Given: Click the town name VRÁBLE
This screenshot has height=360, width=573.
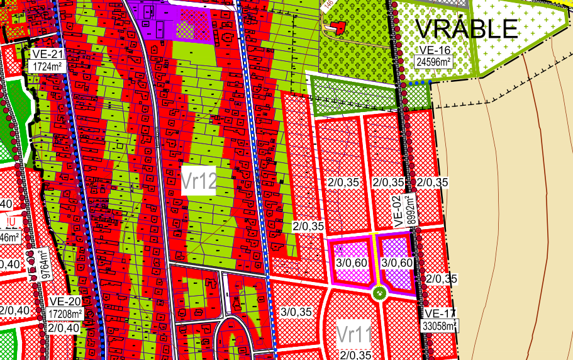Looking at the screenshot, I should (x=467, y=28).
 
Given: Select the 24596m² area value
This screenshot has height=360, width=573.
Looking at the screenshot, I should (x=433, y=62).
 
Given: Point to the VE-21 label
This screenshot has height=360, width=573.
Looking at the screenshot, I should (x=45, y=55).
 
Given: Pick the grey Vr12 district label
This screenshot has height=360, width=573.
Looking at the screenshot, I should (x=199, y=182).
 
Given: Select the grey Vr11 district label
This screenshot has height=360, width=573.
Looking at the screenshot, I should (x=354, y=334).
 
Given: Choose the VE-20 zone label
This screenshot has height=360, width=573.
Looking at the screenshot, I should (x=65, y=301).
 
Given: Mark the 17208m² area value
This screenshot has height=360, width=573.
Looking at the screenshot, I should (x=65, y=313).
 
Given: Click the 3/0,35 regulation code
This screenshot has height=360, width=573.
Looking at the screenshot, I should (x=296, y=312).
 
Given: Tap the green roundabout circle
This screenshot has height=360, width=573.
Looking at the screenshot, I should (x=378, y=292).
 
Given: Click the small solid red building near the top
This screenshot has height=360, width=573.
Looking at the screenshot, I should (x=338, y=27).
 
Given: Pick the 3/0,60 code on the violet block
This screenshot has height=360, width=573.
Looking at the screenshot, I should (x=398, y=262).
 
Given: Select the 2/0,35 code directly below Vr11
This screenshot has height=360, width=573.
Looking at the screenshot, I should (x=353, y=355).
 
